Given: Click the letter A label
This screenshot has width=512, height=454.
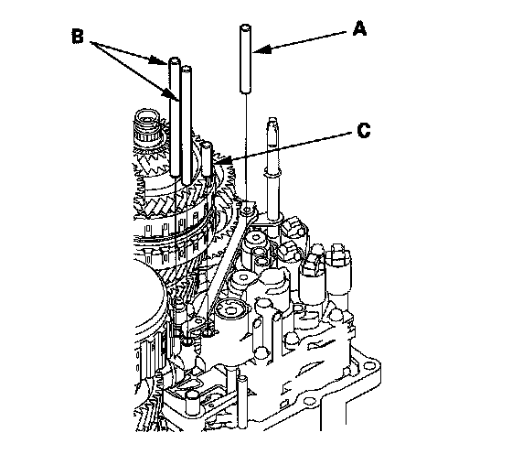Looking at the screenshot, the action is [359, 28].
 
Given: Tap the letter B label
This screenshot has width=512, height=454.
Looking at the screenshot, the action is [78, 36].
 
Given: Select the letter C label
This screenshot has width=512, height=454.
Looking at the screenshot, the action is [364, 130].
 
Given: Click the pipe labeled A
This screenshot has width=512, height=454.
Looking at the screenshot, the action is [246, 59].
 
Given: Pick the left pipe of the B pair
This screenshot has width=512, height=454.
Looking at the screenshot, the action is [175, 116].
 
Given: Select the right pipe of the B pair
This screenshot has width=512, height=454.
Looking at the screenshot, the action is [187, 125].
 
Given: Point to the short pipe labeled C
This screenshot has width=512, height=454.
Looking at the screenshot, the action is [207, 159].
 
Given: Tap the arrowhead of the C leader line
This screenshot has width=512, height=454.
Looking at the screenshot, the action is [223, 161].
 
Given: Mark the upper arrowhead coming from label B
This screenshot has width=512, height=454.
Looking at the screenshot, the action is [158, 60].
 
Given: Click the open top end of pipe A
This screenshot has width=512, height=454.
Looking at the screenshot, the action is [246, 27].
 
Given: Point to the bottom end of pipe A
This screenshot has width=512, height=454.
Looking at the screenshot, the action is [246, 91].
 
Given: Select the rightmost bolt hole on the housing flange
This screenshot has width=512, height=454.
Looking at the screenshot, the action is [368, 365].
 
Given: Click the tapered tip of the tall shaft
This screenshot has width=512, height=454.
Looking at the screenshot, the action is [272, 123].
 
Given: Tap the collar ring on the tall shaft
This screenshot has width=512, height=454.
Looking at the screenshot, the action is [272, 175].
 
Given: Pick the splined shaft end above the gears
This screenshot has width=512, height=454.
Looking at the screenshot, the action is [147, 125].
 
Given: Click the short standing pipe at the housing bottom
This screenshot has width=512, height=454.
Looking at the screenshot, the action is [242, 402].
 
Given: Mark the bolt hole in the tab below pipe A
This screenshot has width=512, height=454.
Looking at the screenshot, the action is [247, 208].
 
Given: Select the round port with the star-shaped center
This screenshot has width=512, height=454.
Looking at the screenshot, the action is [230, 309].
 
